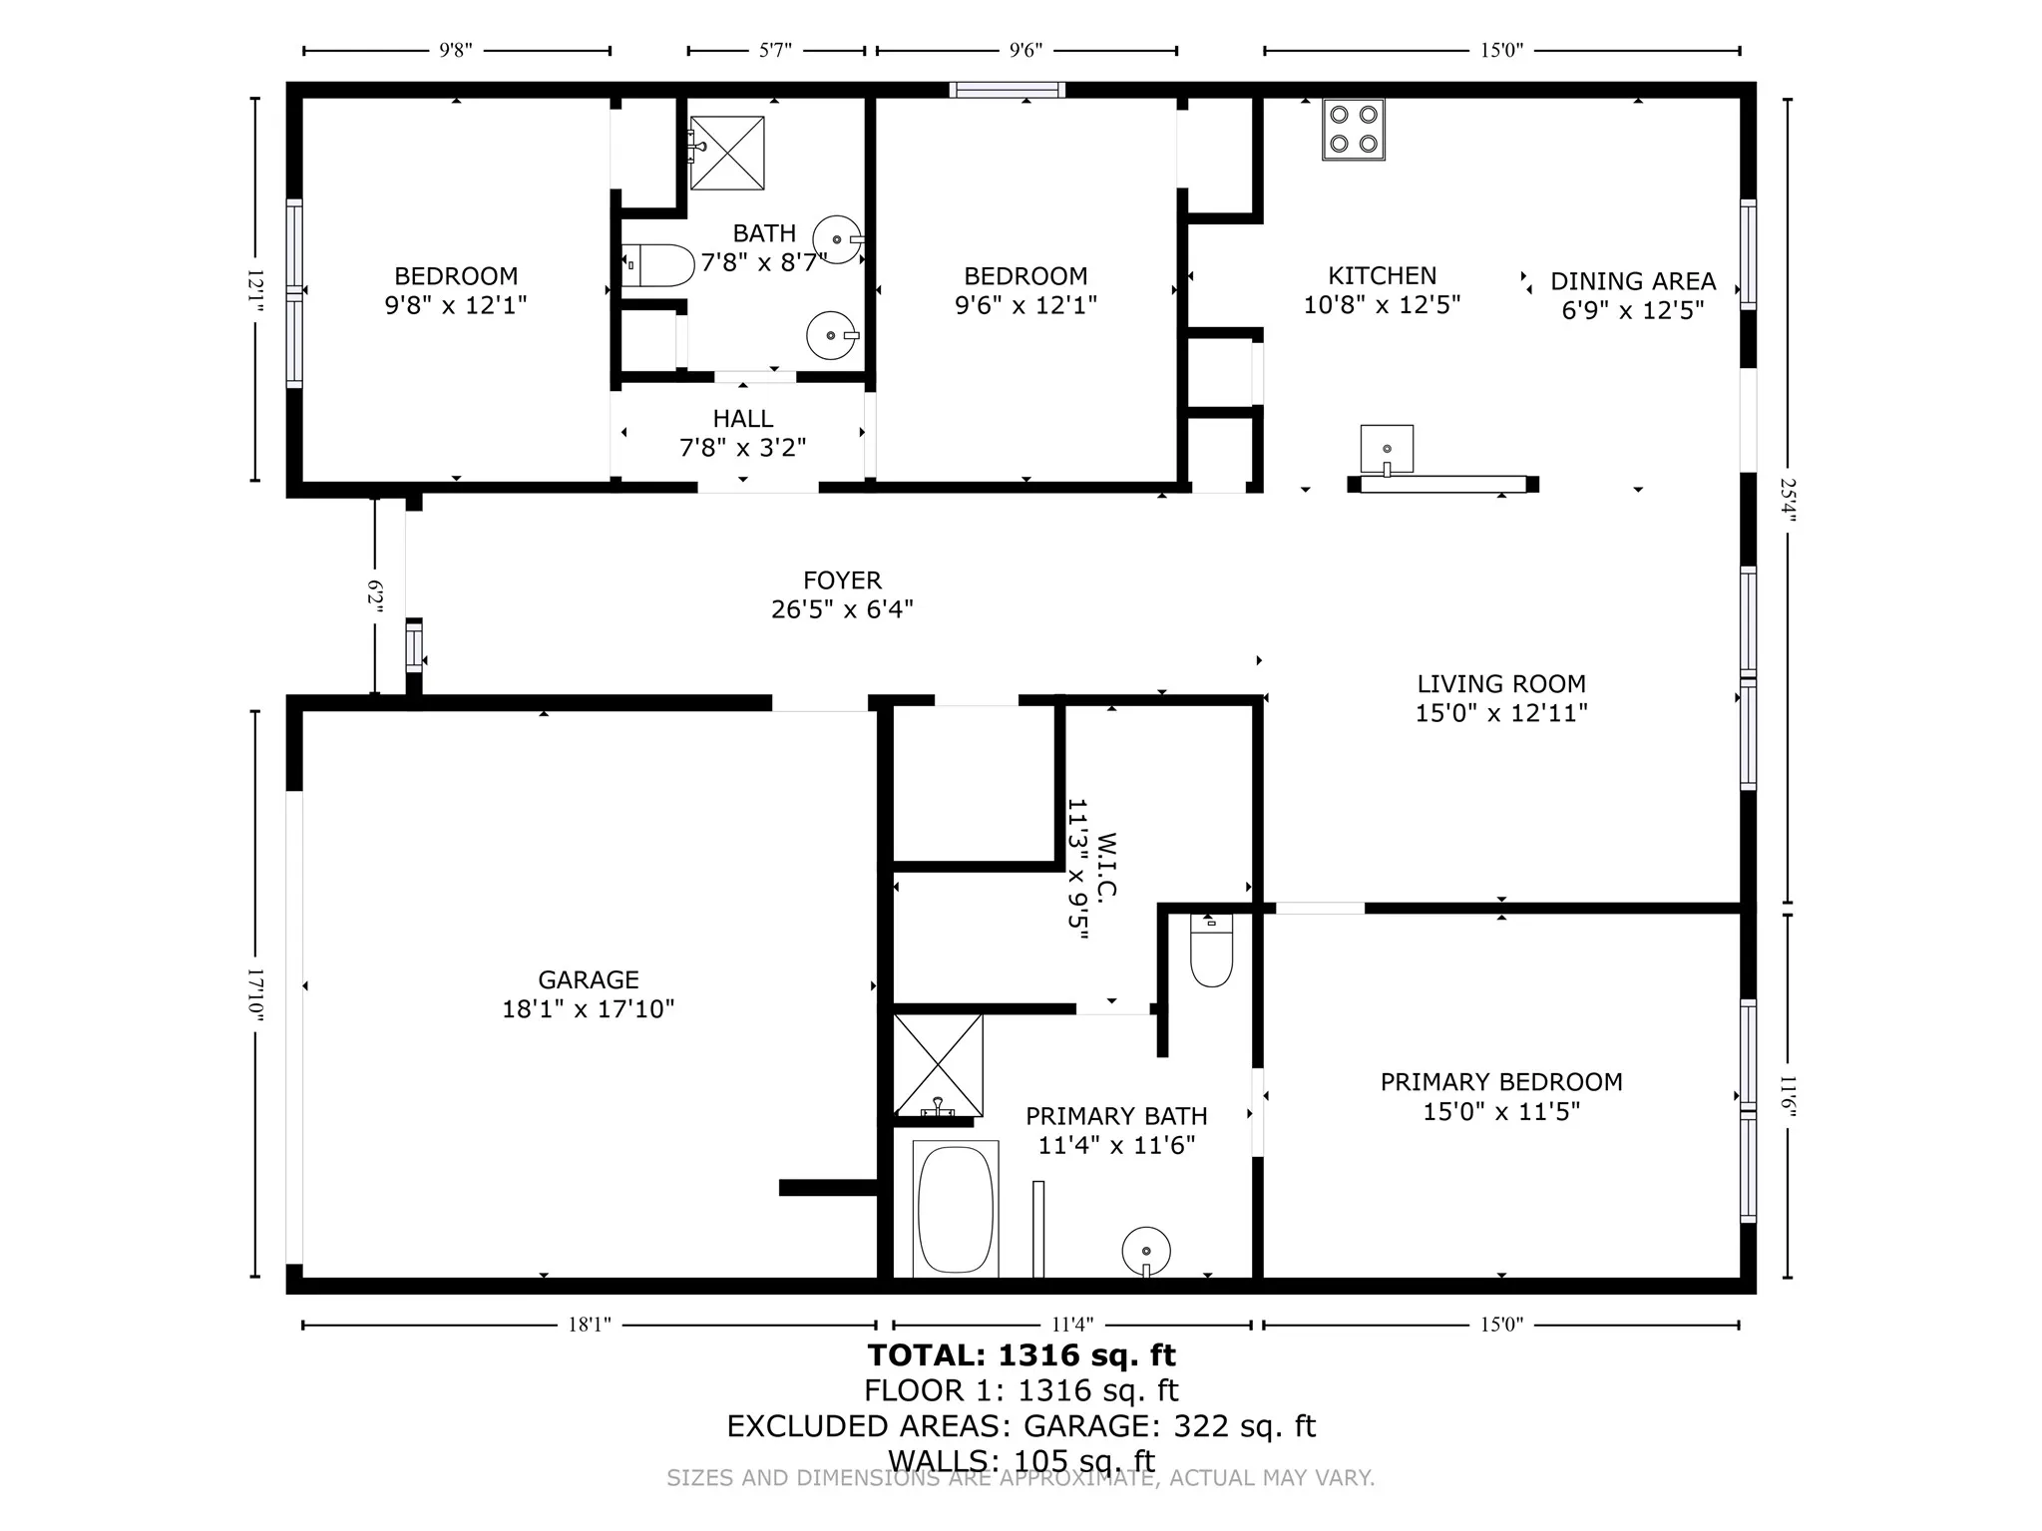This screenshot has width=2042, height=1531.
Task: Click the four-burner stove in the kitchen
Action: [1353, 130]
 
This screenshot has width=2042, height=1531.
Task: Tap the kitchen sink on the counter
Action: [1387, 449]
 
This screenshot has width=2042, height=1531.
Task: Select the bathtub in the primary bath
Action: [955, 1209]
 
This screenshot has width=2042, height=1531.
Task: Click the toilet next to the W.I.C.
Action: [1211, 952]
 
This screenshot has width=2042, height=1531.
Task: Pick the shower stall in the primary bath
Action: [938, 1065]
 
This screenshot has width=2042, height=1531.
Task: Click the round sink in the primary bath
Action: [1145, 1251]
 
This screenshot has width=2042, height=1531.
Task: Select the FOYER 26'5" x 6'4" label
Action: [842, 594]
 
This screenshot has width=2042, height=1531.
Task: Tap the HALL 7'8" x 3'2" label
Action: [742, 433]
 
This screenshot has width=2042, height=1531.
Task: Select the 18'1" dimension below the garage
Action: [589, 1325]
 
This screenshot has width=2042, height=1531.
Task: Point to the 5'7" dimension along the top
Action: [775, 51]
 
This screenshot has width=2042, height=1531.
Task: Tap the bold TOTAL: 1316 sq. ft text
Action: [1021, 1355]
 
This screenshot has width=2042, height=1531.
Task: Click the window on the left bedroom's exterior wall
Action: [294, 293]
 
